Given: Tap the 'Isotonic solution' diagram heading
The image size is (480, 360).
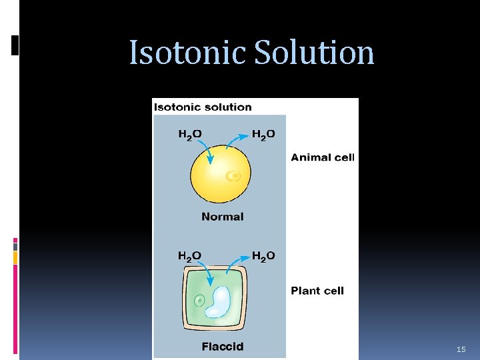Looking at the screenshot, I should (x=203, y=107).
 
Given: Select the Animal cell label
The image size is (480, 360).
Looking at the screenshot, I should (x=323, y=158).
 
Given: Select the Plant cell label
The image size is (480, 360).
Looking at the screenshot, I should (x=317, y=291).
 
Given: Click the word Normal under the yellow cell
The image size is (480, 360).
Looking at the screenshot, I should (x=222, y=217).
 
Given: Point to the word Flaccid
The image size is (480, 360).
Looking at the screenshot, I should (x=222, y=347).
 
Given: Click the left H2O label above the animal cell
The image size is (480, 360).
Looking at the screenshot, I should (x=190, y=135).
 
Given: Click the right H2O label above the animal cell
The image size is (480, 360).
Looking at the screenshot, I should (x=263, y=135).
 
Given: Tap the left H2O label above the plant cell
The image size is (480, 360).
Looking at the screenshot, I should (x=190, y=256).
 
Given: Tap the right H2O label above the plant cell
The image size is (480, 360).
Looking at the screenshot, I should (x=263, y=256).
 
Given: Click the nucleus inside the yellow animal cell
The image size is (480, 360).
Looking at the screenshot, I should (x=233, y=176).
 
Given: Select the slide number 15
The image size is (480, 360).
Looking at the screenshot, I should (x=461, y=349).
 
